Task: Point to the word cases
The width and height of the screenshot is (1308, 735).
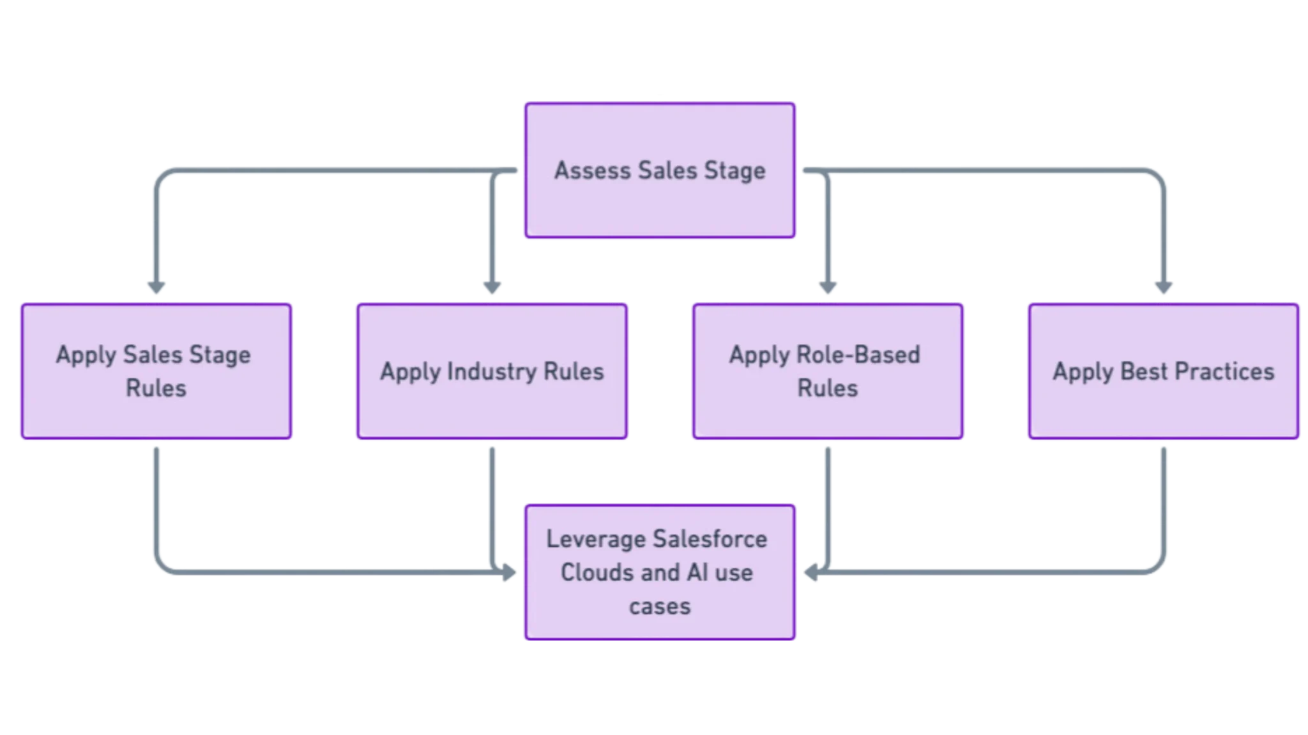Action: [659, 606]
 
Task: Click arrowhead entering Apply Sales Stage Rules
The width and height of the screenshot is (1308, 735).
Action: [156, 288]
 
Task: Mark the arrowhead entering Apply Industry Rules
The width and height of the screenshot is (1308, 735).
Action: [492, 288]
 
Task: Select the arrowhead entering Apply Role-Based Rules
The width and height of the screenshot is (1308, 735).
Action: [828, 288]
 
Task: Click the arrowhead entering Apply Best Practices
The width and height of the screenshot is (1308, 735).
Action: [1164, 288]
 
